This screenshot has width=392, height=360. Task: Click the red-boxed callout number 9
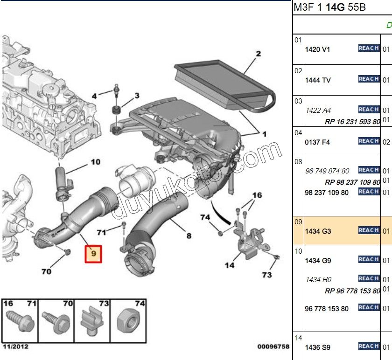(x=93, y=254)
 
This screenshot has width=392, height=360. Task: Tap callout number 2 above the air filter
(x=258, y=54)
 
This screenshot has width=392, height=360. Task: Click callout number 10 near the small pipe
(x=95, y=162)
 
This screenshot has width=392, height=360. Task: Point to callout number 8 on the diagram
(x=189, y=236)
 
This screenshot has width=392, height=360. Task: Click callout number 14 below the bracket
(x=230, y=265)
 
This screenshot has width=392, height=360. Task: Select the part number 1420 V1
(x=317, y=49)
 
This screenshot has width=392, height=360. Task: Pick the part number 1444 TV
(x=318, y=80)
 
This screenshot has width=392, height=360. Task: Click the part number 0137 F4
(x=317, y=142)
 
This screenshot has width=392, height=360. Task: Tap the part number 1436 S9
(x=317, y=347)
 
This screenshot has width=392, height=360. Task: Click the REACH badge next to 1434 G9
(x=368, y=259)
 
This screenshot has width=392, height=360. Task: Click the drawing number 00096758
(x=273, y=346)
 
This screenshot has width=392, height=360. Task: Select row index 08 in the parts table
(x=298, y=161)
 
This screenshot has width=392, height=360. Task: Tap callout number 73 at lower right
(x=266, y=275)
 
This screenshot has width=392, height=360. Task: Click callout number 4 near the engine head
(x=94, y=96)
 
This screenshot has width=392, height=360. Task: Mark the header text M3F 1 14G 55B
(x=329, y=8)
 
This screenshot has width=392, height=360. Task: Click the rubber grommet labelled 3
(x=115, y=111)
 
